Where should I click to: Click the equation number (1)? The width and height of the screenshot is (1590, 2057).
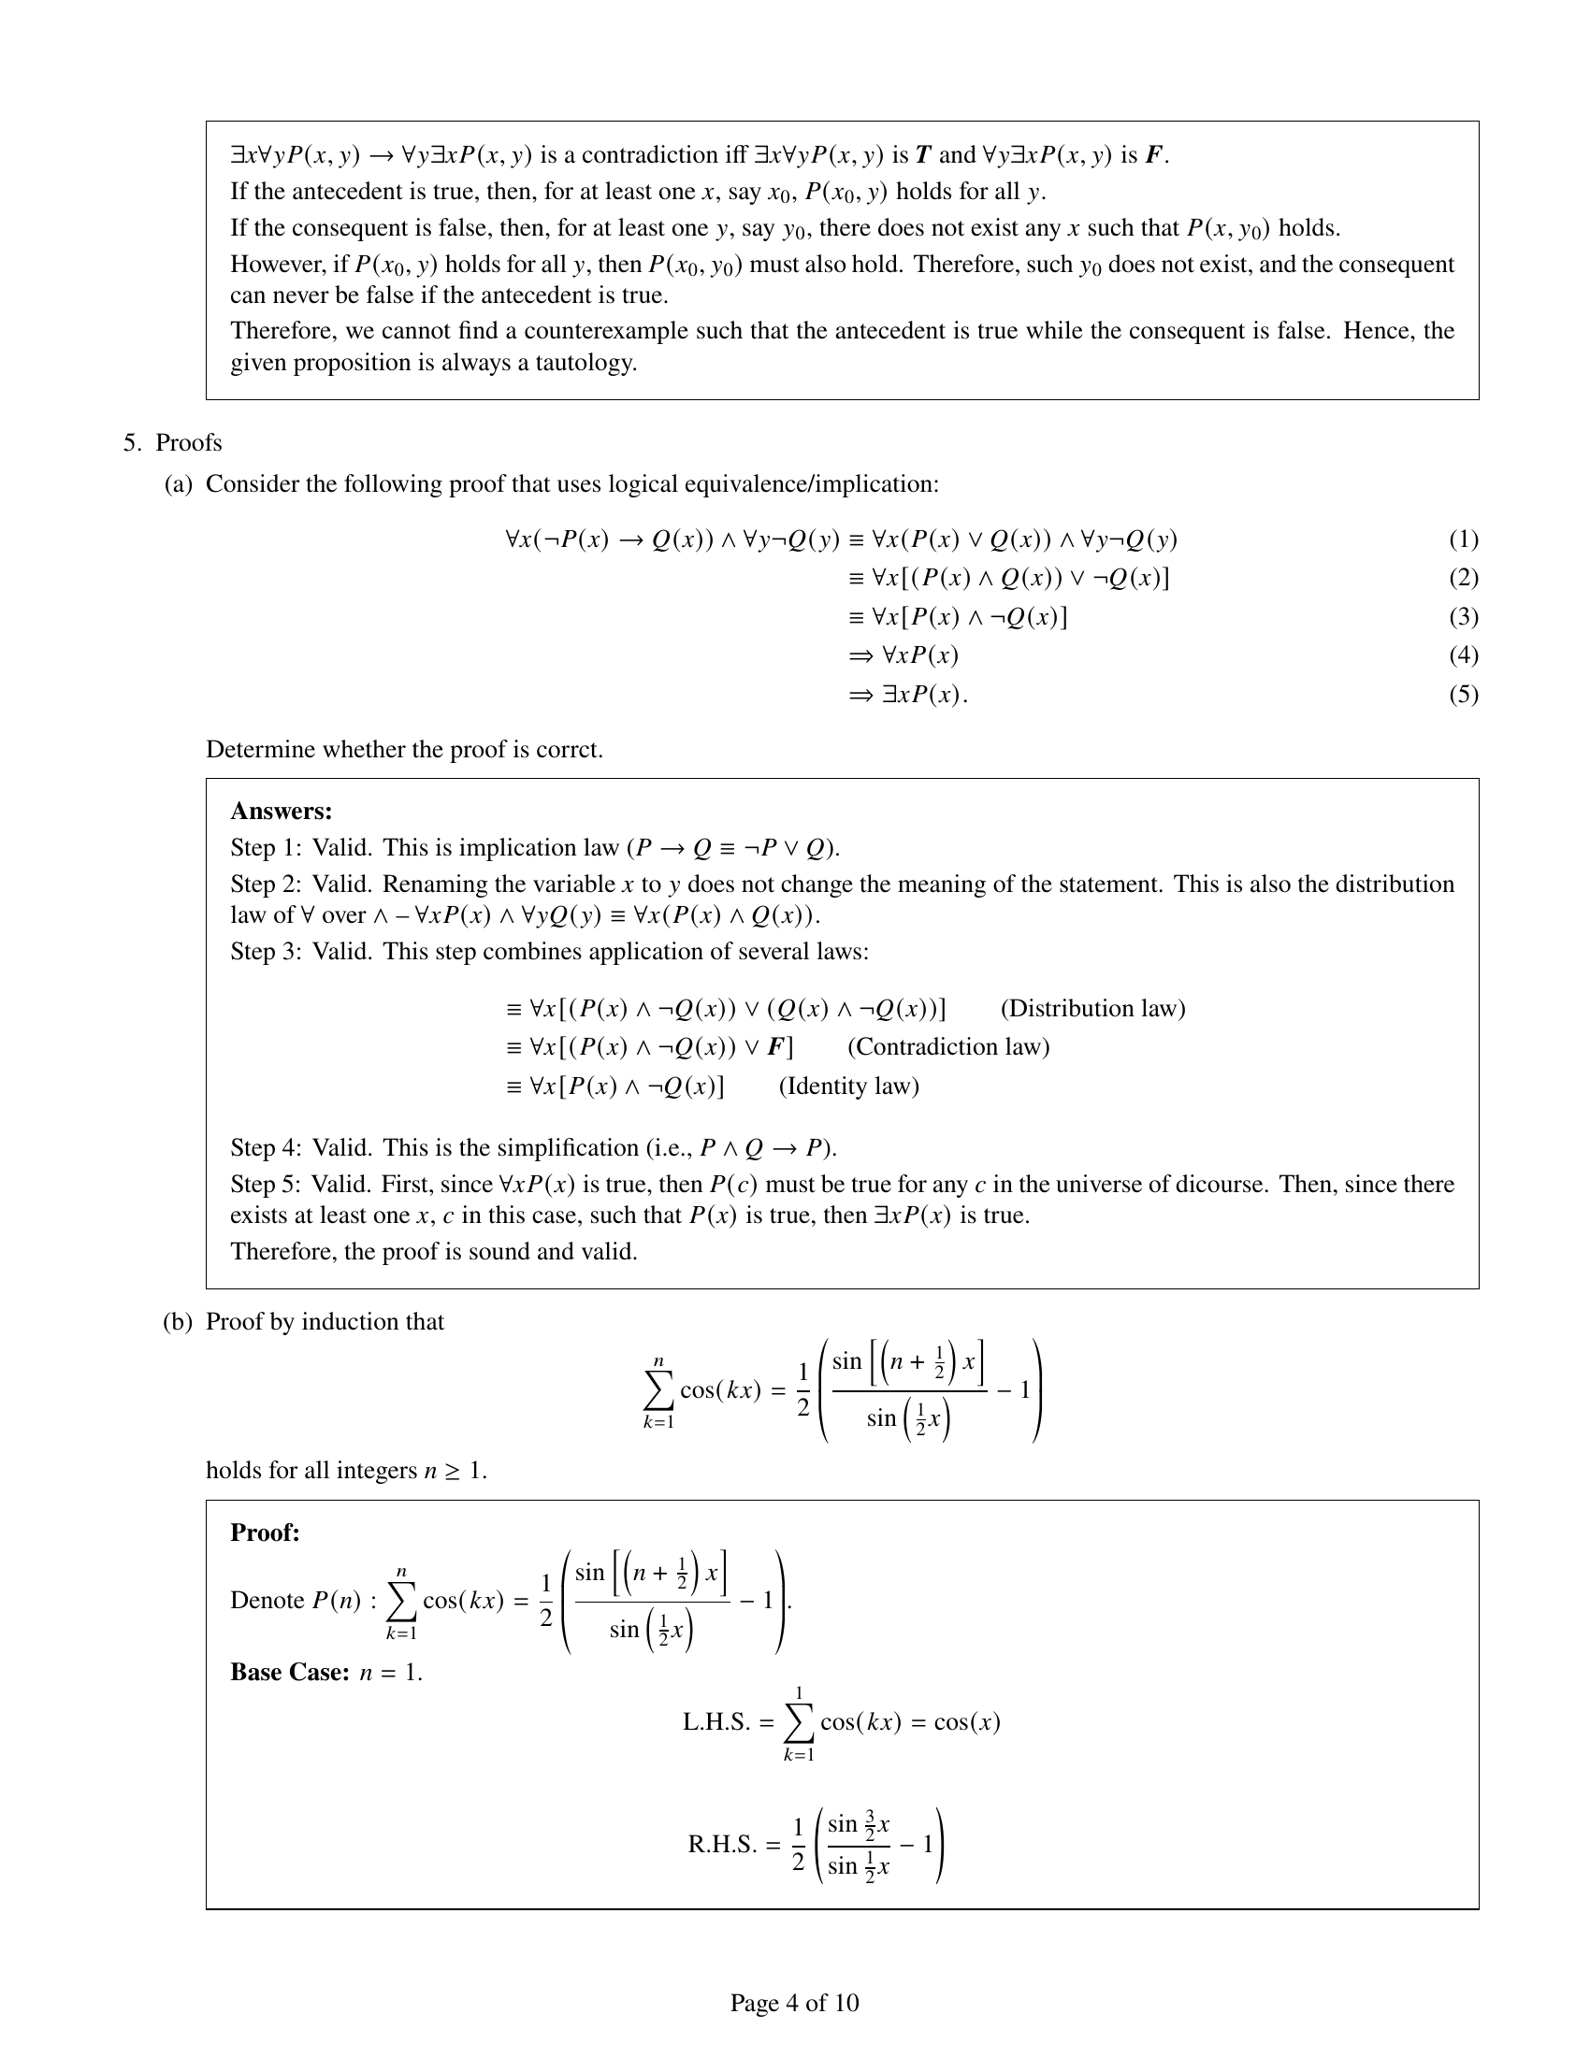[x=1463, y=539]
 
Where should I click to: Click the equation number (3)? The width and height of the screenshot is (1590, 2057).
[x=1463, y=617]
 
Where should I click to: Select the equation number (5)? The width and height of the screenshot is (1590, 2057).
[x=1463, y=694]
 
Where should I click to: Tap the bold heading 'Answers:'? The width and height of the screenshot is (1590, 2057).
[x=281, y=811]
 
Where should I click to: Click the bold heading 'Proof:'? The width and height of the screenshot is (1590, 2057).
[x=265, y=1532]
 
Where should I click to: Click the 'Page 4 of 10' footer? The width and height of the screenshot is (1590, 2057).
[x=794, y=2003]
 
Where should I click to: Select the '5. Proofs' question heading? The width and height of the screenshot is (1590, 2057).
[x=172, y=442]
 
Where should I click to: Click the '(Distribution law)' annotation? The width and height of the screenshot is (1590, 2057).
[x=1091, y=1009]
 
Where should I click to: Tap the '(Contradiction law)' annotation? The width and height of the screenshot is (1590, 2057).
[x=947, y=1047]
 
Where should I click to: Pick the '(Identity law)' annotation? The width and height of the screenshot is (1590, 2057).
[x=847, y=1086]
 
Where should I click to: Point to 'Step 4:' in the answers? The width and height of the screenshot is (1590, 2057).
[x=266, y=1147]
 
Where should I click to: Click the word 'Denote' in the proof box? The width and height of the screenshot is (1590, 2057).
[x=267, y=1600]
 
